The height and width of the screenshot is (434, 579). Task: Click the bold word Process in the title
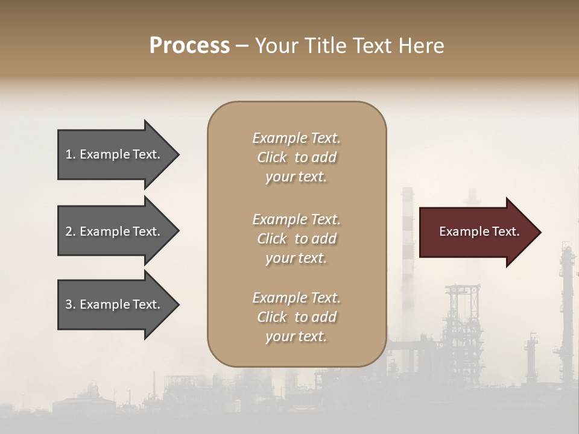tap(189, 46)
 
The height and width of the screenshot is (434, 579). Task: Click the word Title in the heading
tap(325, 46)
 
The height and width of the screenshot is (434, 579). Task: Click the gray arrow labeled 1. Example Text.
tap(115, 154)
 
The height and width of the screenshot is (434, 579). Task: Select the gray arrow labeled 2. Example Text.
tap(115, 231)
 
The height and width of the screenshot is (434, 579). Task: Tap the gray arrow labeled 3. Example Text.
tap(115, 304)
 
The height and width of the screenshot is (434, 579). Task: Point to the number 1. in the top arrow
tap(71, 154)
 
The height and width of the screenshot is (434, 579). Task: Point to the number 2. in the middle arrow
tap(71, 231)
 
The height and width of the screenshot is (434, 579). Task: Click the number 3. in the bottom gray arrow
tap(71, 304)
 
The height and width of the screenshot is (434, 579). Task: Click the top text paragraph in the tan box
tap(296, 157)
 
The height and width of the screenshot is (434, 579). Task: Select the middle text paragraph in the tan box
tap(296, 239)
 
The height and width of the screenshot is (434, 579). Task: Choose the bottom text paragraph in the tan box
tap(296, 317)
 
